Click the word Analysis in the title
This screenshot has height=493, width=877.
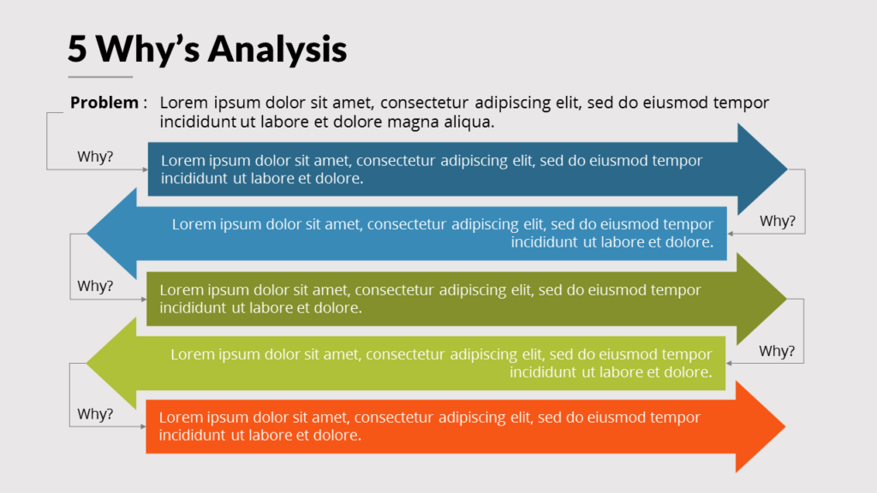tap(277, 49)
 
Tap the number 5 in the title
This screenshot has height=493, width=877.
tap(77, 48)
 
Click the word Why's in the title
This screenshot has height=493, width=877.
tap(147, 48)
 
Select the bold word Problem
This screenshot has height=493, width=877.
tap(104, 103)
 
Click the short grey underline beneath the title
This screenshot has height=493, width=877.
tap(100, 76)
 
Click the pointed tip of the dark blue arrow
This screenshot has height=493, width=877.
tap(788, 169)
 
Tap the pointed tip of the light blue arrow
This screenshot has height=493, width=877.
tap(87, 234)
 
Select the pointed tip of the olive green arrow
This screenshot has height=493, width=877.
tap(787, 299)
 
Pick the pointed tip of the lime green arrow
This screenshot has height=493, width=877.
tap(87, 363)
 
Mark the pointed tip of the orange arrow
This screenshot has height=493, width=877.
tap(785, 426)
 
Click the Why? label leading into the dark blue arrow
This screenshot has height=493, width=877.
tap(95, 157)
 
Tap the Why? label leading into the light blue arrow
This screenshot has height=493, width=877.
tap(778, 221)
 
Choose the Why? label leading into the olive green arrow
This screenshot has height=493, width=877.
tap(95, 286)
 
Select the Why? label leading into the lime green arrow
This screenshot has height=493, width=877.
tap(777, 351)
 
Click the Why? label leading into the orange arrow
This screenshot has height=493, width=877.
tap(95, 413)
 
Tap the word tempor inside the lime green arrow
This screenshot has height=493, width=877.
tap(686, 355)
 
